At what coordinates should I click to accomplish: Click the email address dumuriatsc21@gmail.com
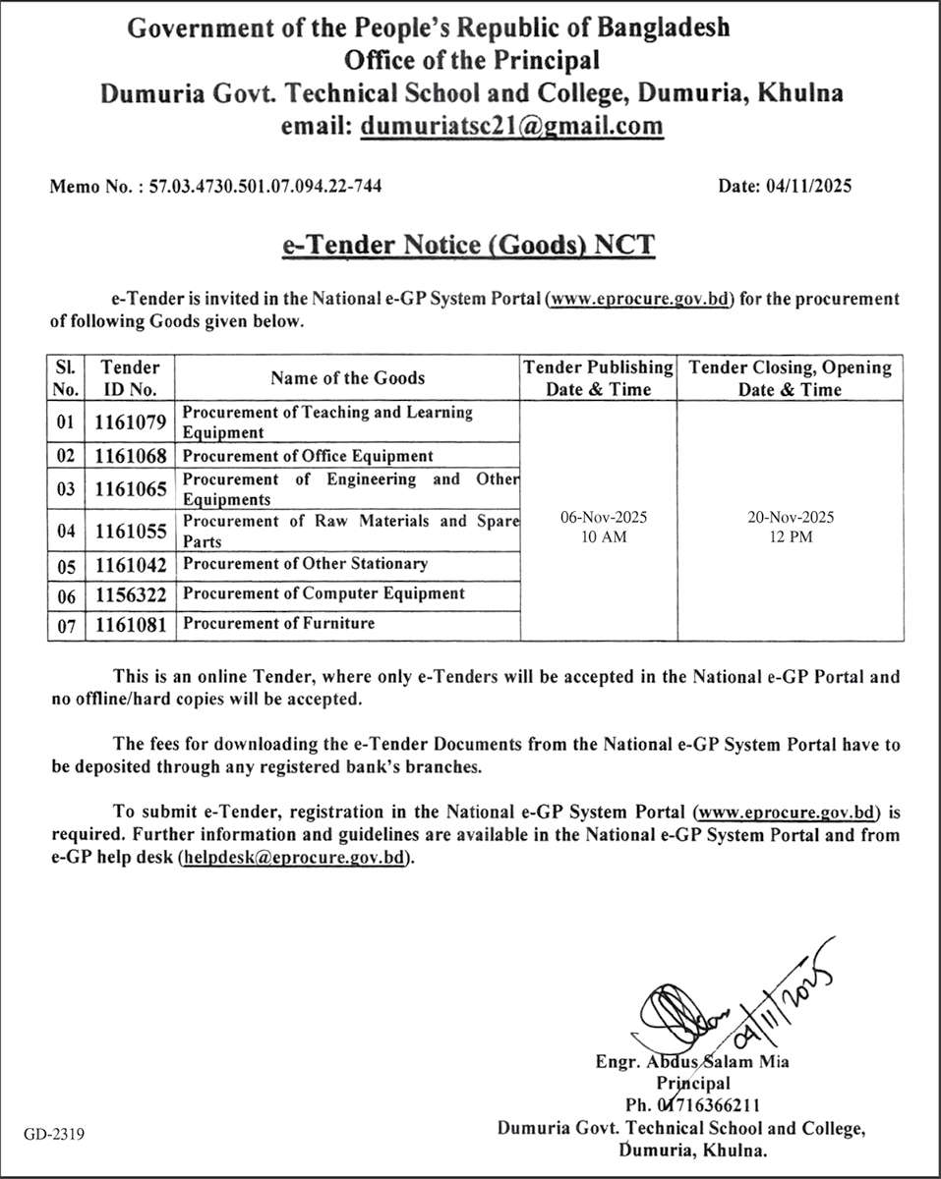tap(511, 126)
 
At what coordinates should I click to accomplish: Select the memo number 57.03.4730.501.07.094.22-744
tap(265, 185)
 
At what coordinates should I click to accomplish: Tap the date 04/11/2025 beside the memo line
tap(805, 185)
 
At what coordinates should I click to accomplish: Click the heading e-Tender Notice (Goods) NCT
tap(468, 244)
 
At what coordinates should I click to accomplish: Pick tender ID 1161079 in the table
tap(131, 422)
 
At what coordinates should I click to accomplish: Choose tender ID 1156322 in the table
tap(131, 594)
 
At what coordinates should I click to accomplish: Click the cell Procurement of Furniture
tap(279, 623)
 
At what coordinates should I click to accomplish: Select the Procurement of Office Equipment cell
tap(308, 456)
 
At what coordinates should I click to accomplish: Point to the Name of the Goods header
tap(348, 378)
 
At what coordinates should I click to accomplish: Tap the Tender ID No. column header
tap(131, 378)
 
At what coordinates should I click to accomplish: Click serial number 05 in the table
tap(66, 565)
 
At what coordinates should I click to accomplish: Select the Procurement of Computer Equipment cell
tap(323, 593)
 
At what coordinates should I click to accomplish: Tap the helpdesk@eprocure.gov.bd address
tap(292, 858)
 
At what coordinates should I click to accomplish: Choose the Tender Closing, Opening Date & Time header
tap(791, 378)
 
